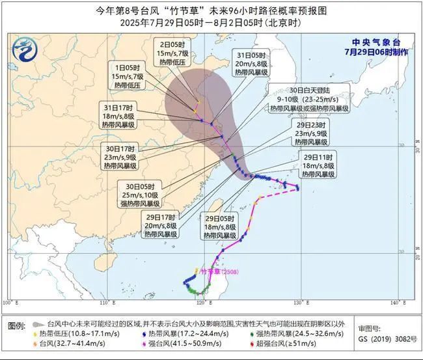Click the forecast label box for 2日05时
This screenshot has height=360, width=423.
point(174,53)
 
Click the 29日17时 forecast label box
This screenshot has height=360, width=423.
point(159,224)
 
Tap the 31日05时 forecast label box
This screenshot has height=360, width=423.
point(252,63)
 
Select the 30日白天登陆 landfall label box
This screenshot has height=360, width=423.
point(312,98)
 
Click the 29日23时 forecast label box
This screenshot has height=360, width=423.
point(311,132)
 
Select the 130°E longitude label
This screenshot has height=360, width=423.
point(299,303)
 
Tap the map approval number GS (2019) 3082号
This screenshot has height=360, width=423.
point(385,339)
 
